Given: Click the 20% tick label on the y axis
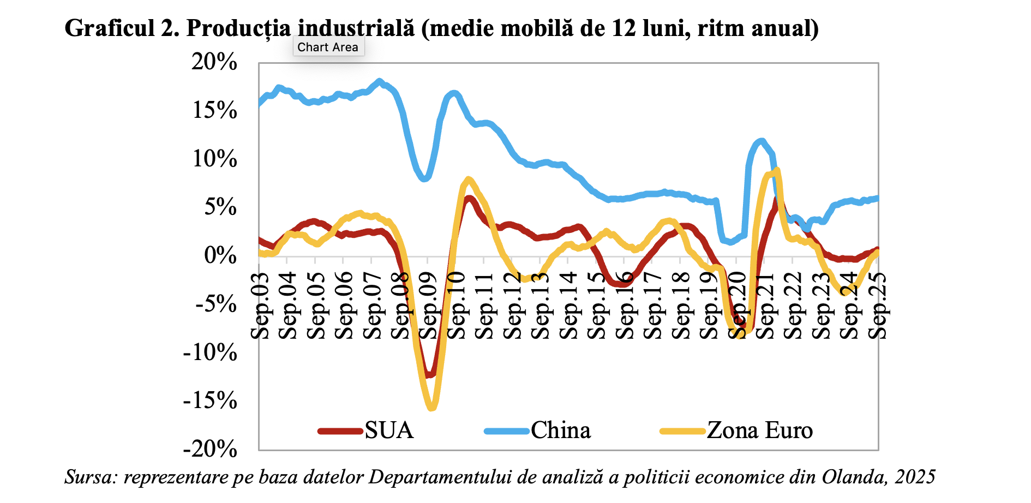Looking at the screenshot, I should pyautogui.click(x=214, y=62).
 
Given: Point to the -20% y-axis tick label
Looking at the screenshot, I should pyautogui.click(x=211, y=450).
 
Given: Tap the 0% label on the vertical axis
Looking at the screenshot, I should pyautogui.click(x=220, y=255).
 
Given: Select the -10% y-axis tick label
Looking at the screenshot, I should pyautogui.click(x=211, y=352).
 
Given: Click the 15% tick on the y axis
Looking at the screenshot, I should pyautogui.click(x=214, y=111).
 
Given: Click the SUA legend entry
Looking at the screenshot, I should pyautogui.click(x=388, y=430).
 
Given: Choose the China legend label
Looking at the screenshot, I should pyautogui.click(x=560, y=430).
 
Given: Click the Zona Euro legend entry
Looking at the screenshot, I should pyautogui.click(x=759, y=430).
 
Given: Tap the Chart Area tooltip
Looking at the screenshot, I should pyautogui.click(x=328, y=47).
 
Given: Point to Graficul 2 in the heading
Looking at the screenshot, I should pyautogui.click(x=122, y=28).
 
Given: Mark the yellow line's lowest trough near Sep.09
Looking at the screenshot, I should pyautogui.click(x=431, y=407).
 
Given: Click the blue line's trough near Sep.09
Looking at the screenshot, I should pyautogui.click(x=425, y=178).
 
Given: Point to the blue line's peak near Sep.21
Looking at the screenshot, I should pyautogui.click(x=762, y=141).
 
